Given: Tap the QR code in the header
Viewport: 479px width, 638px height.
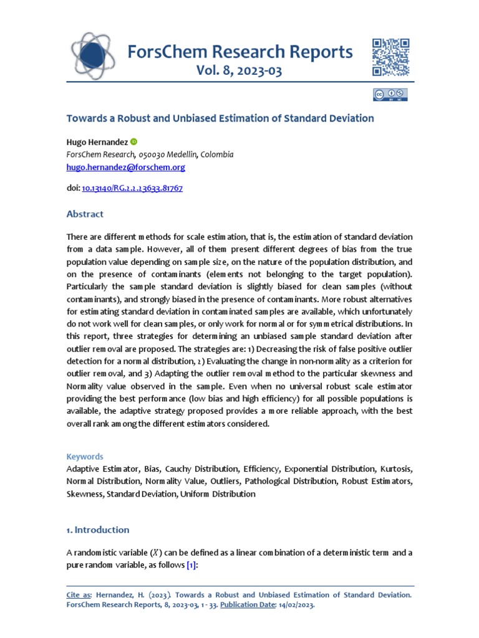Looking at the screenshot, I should [x=390, y=57].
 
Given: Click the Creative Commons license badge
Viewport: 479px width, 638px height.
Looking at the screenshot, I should [x=390, y=95].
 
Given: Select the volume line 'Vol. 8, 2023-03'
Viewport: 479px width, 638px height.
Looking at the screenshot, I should [x=239, y=71].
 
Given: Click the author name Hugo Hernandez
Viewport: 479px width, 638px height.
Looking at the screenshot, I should [x=97, y=142].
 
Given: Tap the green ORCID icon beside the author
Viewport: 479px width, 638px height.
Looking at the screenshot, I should [x=133, y=142].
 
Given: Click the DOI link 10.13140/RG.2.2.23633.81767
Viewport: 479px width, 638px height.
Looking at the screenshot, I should [x=132, y=188].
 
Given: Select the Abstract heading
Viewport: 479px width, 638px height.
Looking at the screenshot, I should [x=85, y=214].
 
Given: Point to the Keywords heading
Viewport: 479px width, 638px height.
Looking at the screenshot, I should [x=85, y=456].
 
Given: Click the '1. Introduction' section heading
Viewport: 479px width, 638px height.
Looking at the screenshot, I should [x=98, y=530].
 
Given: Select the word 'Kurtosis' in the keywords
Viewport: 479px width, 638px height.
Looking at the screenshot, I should [x=395, y=468].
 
